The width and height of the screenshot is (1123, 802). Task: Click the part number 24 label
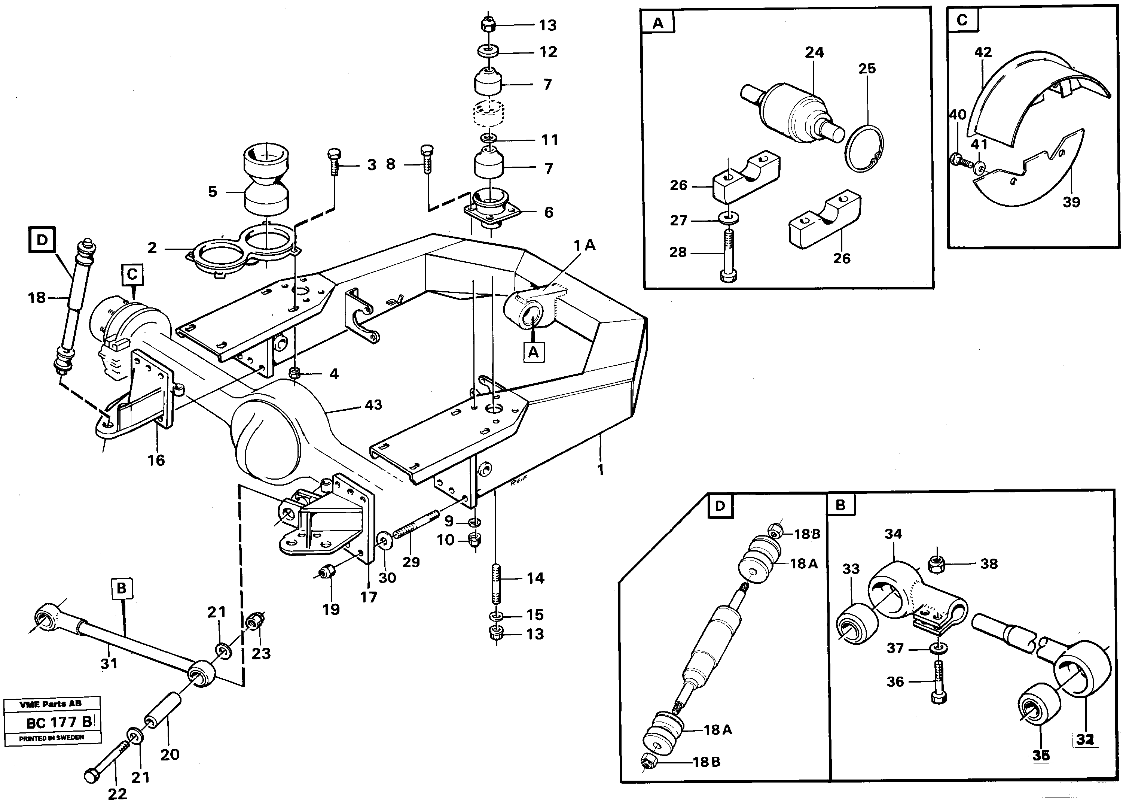(x=814, y=52)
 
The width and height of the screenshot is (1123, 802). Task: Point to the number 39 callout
(x=1071, y=202)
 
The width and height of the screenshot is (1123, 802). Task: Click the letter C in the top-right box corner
(x=962, y=20)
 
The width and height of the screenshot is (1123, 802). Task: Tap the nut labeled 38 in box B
(x=936, y=563)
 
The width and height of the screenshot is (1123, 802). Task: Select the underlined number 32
(x=1085, y=739)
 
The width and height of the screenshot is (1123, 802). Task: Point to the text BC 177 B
(x=59, y=723)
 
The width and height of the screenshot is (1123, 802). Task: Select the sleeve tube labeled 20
(x=163, y=711)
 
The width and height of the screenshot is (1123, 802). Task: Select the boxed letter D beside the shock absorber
(x=42, y=240)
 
